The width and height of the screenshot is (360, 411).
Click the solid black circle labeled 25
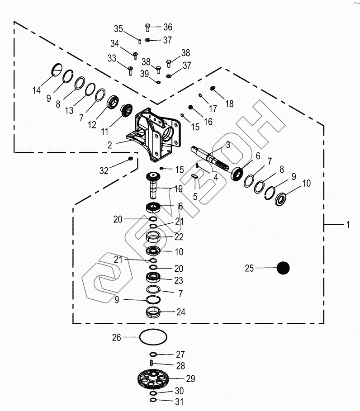point(283,268)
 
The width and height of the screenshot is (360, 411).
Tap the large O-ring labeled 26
point(153,337)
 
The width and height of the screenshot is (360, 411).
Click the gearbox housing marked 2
point(156,133)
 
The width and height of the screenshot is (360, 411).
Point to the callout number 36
point(168,27)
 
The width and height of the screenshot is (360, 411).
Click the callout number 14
point(36,90)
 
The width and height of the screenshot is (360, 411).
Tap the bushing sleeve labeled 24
point(153,312)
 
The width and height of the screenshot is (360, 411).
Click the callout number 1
point(347,225)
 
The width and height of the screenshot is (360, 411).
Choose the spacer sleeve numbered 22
point(153,236)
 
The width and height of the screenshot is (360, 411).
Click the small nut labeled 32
point(130,159)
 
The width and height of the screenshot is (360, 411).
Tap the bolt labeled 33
point(130,71)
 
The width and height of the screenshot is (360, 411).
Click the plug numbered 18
point(213,88)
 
